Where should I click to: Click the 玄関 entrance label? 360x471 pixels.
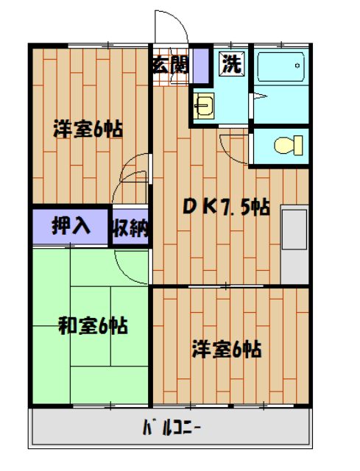click(x=170, y=64)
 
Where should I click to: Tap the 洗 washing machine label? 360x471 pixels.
click(x=232, y=64)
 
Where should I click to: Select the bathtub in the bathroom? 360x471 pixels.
click(x=280, y=70)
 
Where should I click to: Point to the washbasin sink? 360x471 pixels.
click(x=203, y=107)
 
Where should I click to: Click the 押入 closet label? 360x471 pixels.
click(x=71, y=227)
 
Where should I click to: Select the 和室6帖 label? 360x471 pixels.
click(x=93, y=325)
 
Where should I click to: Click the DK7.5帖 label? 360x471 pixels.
click(x=225, y=208)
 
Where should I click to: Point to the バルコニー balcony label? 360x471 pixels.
click(x=170, y=427)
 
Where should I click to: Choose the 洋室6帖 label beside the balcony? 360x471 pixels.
click(x=227, y=348)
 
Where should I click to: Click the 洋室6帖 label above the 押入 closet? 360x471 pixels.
click(x=87, y=130)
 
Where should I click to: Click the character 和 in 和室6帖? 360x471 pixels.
click(x=67, y=325)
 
